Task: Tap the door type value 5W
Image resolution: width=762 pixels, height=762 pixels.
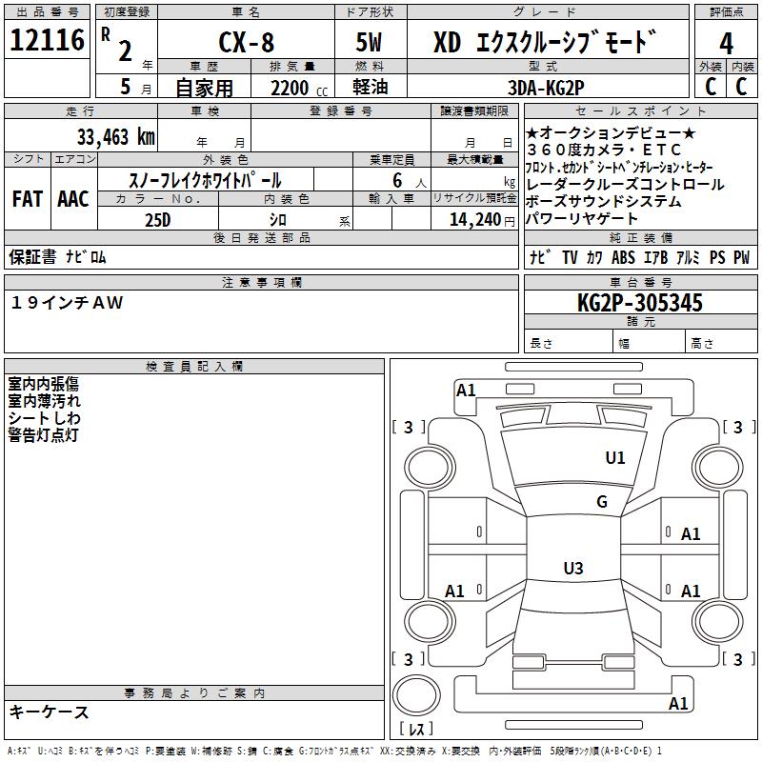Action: coord(370,44)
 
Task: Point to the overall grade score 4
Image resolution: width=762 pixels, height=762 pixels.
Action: coord(726,44)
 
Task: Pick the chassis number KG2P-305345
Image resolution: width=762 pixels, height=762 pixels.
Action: coord(640,303)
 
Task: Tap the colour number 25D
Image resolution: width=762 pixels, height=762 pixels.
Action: coord(158,219)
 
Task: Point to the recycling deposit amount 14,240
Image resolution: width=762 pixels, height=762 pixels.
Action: coord(468,219)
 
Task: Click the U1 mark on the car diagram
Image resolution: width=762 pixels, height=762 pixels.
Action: coord(615,458)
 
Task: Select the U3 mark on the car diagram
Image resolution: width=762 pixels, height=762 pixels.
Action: coord(572,569)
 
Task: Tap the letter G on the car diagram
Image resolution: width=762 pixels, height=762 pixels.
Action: coord(602,502)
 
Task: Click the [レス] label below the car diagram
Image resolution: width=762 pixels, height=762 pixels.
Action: coord(415,730)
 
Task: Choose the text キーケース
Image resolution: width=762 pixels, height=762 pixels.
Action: coord(50,712)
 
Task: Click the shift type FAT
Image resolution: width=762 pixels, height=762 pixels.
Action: coord(28,198)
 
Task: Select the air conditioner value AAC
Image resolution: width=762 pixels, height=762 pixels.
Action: coord(73,198)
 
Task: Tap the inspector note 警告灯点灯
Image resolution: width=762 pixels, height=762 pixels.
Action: coord(45,435)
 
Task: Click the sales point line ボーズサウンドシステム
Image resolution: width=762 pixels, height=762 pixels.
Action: coord(604,202)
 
